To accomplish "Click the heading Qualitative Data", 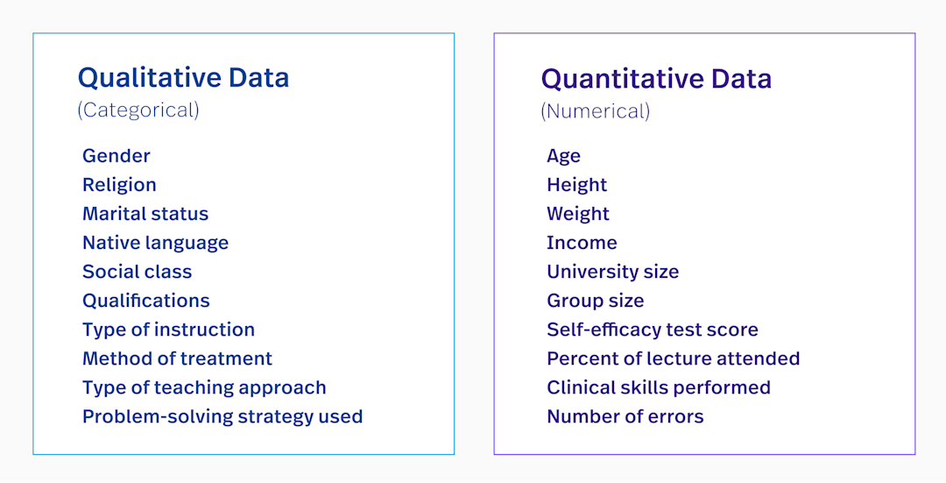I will [183, 78].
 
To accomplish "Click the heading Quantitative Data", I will [656, 79].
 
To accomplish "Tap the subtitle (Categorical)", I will [138, 110].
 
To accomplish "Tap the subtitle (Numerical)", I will [596, 111].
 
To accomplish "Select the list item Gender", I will [116, 156].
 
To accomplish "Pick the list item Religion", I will [119, 185].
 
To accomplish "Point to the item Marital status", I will [145, 214].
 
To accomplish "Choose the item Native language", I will [155, 243].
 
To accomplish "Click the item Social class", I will [137, 272].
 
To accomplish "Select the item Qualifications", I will [146, 301].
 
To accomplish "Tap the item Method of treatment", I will [177, 359].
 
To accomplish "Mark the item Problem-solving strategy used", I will [222, 416].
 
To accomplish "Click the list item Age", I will [563, 156].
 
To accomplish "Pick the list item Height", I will [576, 185].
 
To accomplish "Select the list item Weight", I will [578, 214].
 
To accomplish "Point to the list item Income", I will [582, 243].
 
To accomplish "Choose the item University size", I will [612, 272].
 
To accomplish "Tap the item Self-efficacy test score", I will [653, 330].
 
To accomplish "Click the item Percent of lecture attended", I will [673, 359].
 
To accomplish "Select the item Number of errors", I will [625, 416].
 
